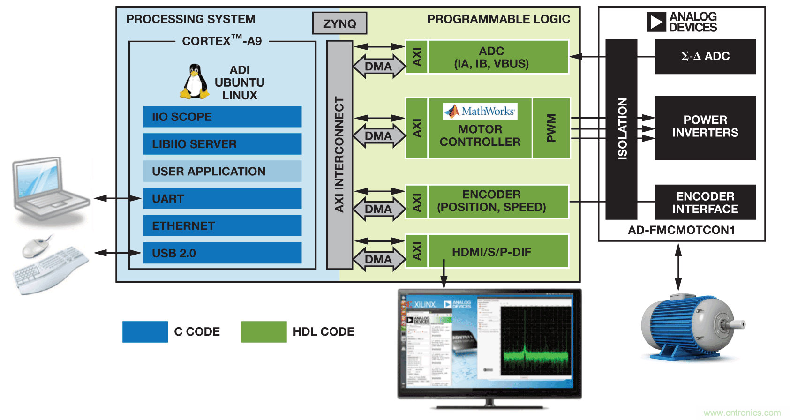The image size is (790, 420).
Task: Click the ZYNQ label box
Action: pyautogui.click(x=339, y=23)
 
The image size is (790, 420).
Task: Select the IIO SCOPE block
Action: pyautogui.click(x=222, y=117)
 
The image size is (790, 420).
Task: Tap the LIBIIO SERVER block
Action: pyautogui.click(x=222, y=144)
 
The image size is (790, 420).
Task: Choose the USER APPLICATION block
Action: pyautogui.click(x=222, y=171)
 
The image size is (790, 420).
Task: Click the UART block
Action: pyautogui.click(x=222, y=198)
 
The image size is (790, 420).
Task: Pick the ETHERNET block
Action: pyautogui.click(x=222, y=225)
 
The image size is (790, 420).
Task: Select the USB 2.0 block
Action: pyautogui.click(x=222, y=253)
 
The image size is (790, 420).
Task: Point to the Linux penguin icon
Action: pyautogui.click(x=195, y=82)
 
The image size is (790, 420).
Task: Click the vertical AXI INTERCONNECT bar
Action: pyautogui.click(x=339, y=155)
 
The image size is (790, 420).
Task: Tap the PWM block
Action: pyautogui.click(x=551, y=128)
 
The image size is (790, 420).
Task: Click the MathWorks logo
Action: pyautogui.click(x=480, y=111)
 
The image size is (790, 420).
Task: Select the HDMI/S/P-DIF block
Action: pyautogui.click(x=498, y=252)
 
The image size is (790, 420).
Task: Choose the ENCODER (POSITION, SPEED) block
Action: pyautogui.click(x=498, y=201)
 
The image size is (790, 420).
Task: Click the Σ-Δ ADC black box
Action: pyautogui.click(x=705, y=56)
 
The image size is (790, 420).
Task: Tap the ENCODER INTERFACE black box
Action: pyautogui.click(x=705, y=202)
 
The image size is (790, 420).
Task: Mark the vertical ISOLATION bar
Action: pyautogui.click(x=622, y=129)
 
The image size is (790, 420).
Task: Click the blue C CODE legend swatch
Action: pyautogui.click(x=145, y=332)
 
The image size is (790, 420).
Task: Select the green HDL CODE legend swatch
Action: pyautogui.click(x=263, y=332)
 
